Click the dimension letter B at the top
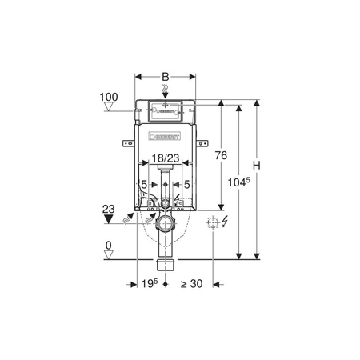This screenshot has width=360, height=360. point(166,78)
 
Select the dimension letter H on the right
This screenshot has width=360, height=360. point(258,166)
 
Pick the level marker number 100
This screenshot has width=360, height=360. point(109,97)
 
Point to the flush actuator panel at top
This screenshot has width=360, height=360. point(166,110)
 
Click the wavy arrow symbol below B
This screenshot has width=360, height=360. point(166,92)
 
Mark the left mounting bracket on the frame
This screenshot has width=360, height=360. point(126,144)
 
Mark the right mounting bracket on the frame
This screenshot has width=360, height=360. point(204,144)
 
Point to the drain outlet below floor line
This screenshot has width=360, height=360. point(166,263)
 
